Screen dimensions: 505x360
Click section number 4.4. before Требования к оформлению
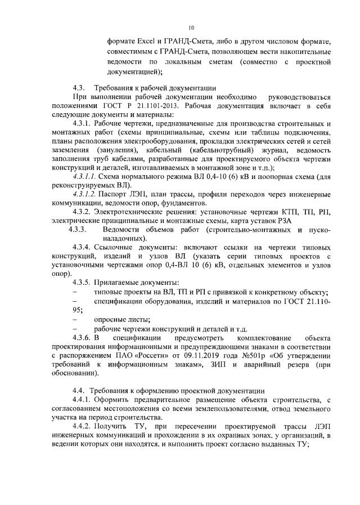(x=79, y=390)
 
